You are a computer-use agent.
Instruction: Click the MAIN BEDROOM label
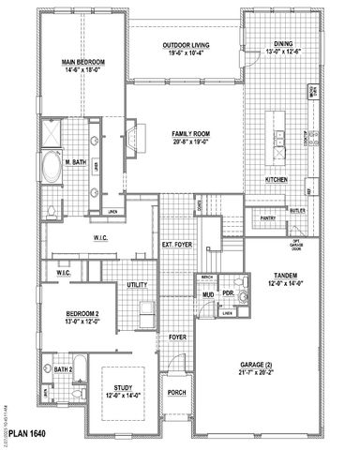(84, 62)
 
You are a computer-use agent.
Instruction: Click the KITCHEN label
(276, 178)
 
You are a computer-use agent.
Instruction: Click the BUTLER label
(298, 212)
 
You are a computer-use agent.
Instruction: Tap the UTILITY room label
(138, 283)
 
